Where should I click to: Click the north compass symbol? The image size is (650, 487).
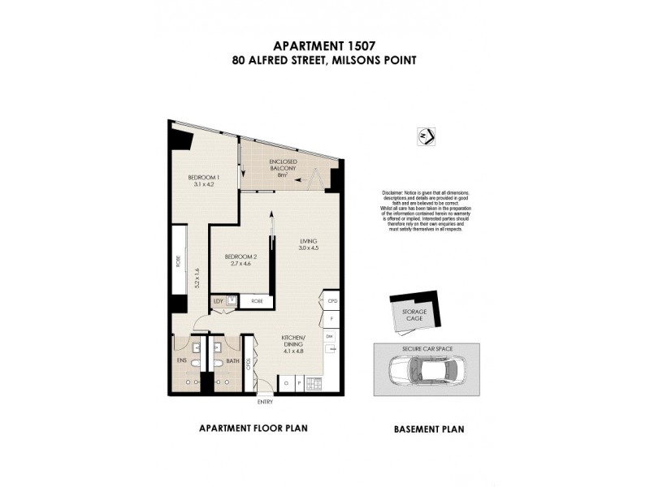424,135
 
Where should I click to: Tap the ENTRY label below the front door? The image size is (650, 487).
266,402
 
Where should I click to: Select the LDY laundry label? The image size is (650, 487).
218,301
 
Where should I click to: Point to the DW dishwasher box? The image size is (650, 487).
330,335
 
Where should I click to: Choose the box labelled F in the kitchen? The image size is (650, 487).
331,319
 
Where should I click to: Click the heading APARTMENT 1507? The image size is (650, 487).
325,46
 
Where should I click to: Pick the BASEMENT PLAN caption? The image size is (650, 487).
429,429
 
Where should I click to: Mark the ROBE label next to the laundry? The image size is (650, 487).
257,301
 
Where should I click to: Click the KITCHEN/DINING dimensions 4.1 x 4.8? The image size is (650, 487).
292,351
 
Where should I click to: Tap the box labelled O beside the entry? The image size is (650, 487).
285,381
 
